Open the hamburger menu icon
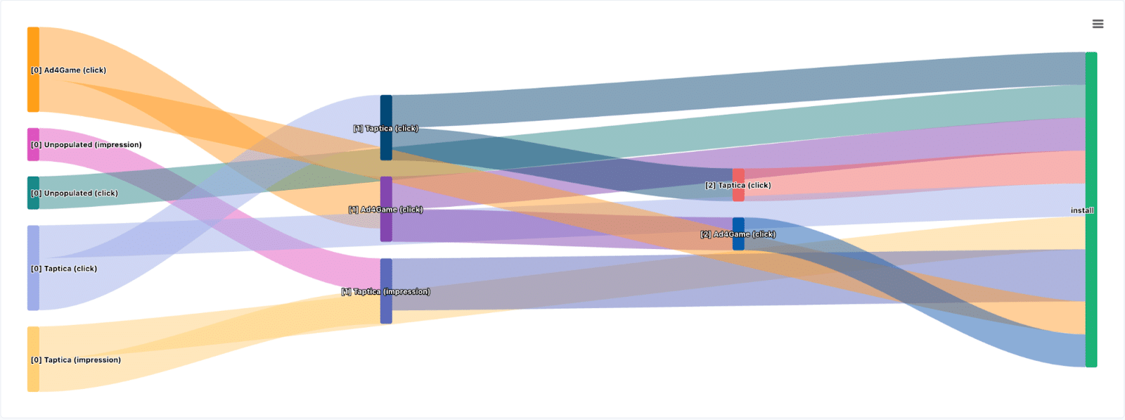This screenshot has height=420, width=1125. pyautogui.click(x=1098, y=24)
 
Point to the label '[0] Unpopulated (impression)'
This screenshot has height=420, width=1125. pyautogui.click(x=86, y=145)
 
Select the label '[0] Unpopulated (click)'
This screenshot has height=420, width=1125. pyautogui.click(x=74, y=193)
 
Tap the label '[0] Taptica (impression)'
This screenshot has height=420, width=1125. pyautogui.click(x=75, y=360)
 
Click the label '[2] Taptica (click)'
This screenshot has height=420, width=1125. pyautogui.click(x=738, y=186)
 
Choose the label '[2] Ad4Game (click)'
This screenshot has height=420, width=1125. pyautogui.click(x=738, y=234)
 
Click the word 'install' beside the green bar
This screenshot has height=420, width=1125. pyautogui.click(x=1081, y=210)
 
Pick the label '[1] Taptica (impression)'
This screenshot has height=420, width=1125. pyautogui.click(x=385, y=292)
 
